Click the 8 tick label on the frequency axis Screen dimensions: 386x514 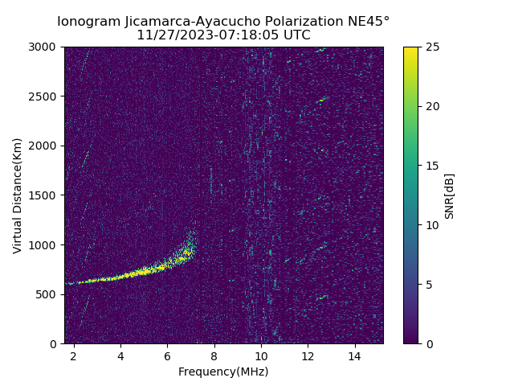tap(214, 355)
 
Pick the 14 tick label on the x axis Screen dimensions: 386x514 tap(354, 355)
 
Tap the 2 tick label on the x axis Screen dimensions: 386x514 tap(74, 355)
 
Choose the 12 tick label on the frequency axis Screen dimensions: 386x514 tap(308, 355)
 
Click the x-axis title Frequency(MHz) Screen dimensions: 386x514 tap(223, 372)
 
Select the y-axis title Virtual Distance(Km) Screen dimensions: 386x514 tap(18, 195)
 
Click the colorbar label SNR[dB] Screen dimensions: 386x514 tap(450, 195)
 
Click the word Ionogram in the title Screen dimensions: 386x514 tap(88, 21)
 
